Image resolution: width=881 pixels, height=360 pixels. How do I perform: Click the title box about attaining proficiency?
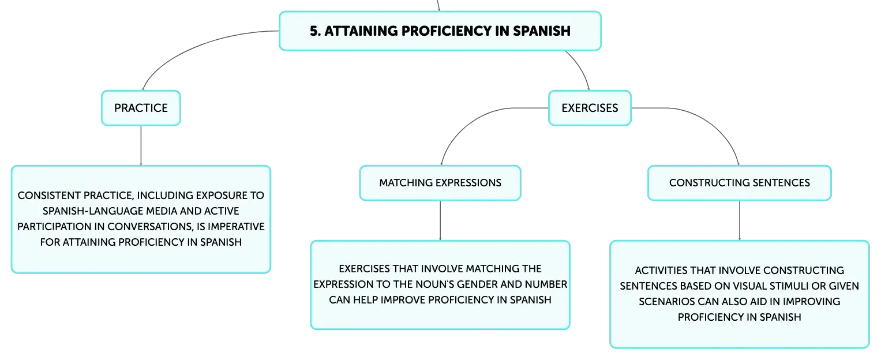[440, 31]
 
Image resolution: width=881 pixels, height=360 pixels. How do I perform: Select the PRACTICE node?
[141, 108]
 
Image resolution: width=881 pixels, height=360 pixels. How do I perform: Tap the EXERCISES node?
[589, 108]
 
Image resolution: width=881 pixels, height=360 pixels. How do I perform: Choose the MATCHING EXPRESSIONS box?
[440, 183]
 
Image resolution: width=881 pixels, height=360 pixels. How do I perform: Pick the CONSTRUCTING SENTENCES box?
[739, 183]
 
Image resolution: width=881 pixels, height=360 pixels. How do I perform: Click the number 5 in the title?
[313, 31]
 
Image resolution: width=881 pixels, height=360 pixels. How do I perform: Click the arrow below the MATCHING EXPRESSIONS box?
[441, 220]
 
